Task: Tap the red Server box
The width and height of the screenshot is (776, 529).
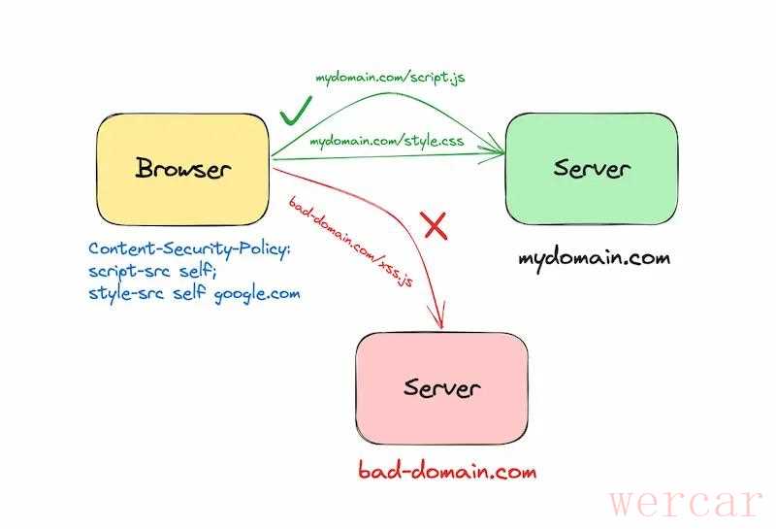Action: (442, 388)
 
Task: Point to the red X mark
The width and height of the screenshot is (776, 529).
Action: (436, 226)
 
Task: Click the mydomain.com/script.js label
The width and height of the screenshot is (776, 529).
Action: (389, 77)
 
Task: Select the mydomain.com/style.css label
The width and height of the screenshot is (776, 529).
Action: (386, 143)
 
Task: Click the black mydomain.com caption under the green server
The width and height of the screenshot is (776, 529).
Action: (594, 258)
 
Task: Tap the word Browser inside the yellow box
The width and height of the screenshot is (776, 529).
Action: (183, 170)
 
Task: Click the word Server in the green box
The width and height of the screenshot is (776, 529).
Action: (592, 169)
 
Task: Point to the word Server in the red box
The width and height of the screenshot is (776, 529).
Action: (442, 389)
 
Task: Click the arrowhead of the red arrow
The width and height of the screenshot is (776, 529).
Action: (441, 322)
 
